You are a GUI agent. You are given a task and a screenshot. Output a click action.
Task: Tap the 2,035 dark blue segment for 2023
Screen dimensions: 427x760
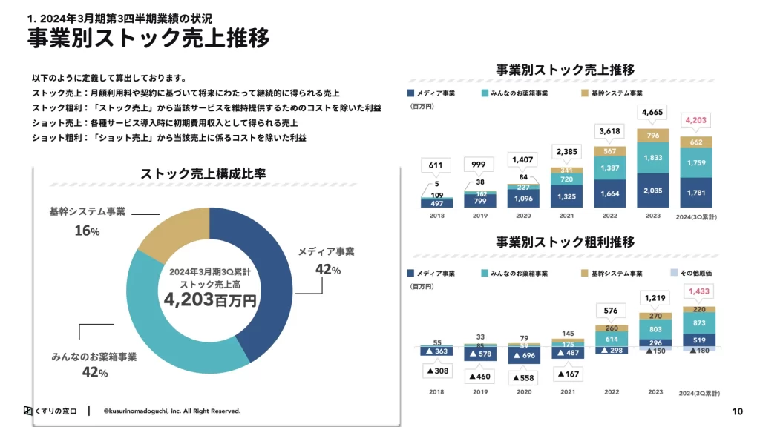pos(653,191)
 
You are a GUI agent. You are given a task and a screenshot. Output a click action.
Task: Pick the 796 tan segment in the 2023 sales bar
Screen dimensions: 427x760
pos(653,136)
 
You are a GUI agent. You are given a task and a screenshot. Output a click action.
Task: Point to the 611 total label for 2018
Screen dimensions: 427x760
pos(436,165)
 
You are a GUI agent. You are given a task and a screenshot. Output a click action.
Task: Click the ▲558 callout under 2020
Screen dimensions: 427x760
pos(523,377)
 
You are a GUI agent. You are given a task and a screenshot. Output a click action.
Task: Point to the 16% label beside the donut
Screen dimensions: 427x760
pos(87,231)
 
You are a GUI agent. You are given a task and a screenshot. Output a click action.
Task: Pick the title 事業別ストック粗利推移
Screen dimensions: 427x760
pos(565,242)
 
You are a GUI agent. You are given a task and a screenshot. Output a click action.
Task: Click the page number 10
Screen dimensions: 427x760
pos(737,411)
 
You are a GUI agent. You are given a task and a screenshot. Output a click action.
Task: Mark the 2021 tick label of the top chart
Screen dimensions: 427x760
pos(567,216)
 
